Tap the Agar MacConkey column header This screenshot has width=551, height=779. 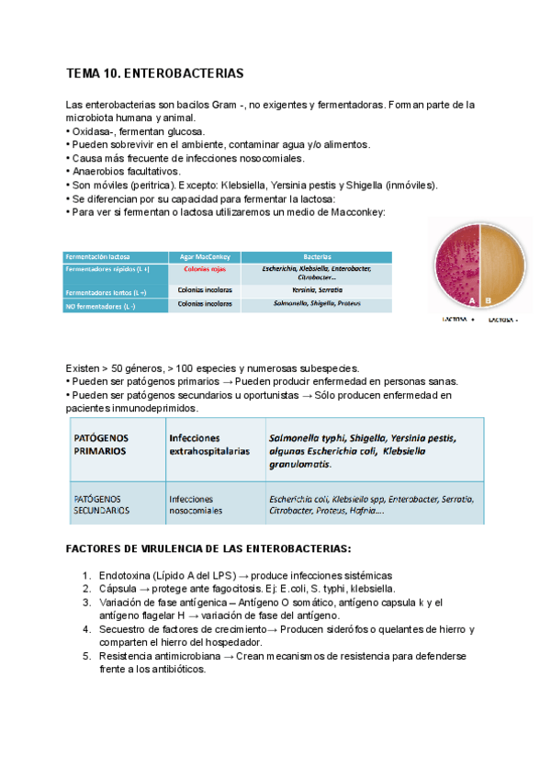pos(206,256)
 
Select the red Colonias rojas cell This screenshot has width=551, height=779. pos(205,269)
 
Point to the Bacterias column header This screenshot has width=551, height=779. pos(317,256)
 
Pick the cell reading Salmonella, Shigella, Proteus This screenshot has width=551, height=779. pos(316,302)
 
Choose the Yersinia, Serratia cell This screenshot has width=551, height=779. pos(316,289)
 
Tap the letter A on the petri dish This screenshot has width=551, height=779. pos(471,299)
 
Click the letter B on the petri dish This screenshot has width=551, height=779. pos(489,299)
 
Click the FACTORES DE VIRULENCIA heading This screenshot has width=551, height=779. pos(208,548)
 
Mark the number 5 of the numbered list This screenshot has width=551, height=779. pos(86,657)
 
